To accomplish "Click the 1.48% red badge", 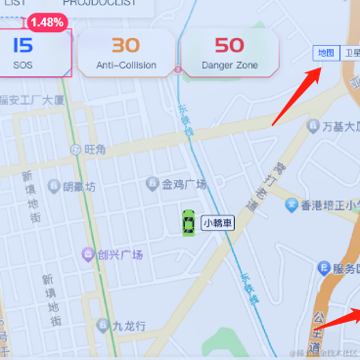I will pos(46,22).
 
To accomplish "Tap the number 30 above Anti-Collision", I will pos(125,45).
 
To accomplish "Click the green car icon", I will pos(187,222).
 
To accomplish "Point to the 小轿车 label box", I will pos(218,223).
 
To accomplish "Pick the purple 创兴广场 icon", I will pos(88,255).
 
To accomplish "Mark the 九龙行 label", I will pos(127,325).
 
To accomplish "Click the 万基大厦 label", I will pos(329,127).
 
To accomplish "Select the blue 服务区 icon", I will pos(325,269).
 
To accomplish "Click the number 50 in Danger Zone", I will pos(229,45).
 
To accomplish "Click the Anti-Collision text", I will pos(125,65).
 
